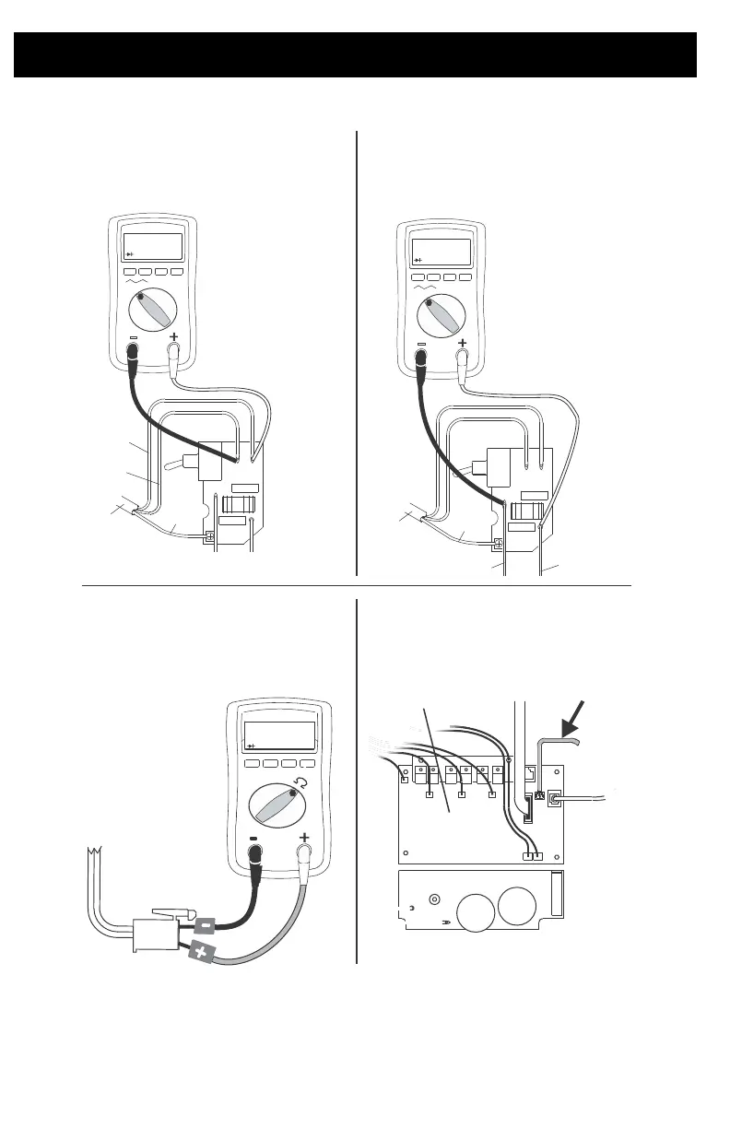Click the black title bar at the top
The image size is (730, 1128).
click(x=355, y=54)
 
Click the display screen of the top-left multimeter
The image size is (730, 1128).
click(x=152, y=246)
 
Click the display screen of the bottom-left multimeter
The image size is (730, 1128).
click(x=278, y=735)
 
